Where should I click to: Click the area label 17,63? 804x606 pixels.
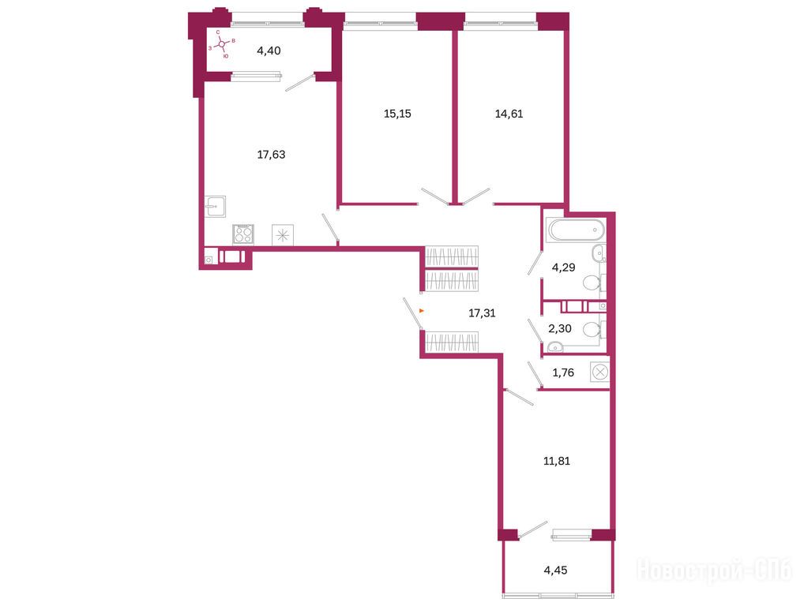click(x=271, y=154)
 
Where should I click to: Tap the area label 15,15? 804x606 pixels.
click(x=397, y=113)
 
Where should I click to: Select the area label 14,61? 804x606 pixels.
click(x=509, y=114)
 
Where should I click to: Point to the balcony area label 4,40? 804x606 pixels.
click(x=269, y=50)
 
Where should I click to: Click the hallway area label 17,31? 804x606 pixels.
click(x=482, y=312)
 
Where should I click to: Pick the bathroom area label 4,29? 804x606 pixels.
click(x=563, y=267)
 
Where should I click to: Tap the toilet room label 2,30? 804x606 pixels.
click(x=559, y=328)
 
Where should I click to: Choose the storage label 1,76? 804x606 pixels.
click(x=563, y=372)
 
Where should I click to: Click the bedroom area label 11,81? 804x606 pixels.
click(x=556, y=461)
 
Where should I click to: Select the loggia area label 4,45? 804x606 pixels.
click(x=555, y=570)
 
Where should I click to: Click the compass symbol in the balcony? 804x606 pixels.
click(x=221, y=44)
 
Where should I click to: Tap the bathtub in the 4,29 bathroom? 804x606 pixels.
click(x=577, y=230)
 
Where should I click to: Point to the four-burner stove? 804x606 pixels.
click(x=243, y=234)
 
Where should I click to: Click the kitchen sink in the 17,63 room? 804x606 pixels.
click(x=216, y=207)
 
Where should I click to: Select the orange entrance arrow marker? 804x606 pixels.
click(x=422, y=310)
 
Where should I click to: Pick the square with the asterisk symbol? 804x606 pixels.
click(x=283, y=235)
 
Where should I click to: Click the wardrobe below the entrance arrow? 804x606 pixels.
click(x=452, y=342)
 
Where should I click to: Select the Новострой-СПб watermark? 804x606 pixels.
click(x=714, y=570)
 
